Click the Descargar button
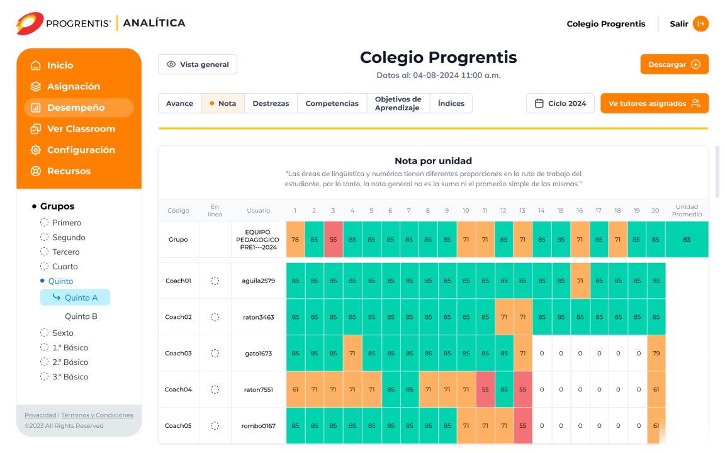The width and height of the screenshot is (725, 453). click(674, 64)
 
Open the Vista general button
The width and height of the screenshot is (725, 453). click(198, 64)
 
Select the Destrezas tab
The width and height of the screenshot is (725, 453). click(271, 103)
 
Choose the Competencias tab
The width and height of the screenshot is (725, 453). click(332, 103)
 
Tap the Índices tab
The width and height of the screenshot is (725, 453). click(451, 103)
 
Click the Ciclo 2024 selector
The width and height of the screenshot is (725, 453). click(560, 103)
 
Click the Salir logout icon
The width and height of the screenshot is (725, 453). click(700, 24)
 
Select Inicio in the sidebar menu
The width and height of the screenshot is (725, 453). click(60, 65)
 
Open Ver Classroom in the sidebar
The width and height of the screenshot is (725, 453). click(81, 129)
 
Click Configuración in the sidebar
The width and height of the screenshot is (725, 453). click(81, 150)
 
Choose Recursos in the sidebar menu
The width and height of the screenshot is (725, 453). click(69, 171)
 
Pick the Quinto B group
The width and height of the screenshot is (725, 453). click(81, 316)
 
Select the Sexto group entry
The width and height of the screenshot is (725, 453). click(62, 333)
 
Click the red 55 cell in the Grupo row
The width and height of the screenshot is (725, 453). click(334, 240)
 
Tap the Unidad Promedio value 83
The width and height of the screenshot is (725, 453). click(687, 240)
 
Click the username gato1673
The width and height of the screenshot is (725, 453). click(259, 354)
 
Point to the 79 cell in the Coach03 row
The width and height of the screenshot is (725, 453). click(656, 354)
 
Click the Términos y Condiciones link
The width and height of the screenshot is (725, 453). click(97, 415)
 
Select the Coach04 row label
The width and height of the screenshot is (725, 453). click(178, 389)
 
